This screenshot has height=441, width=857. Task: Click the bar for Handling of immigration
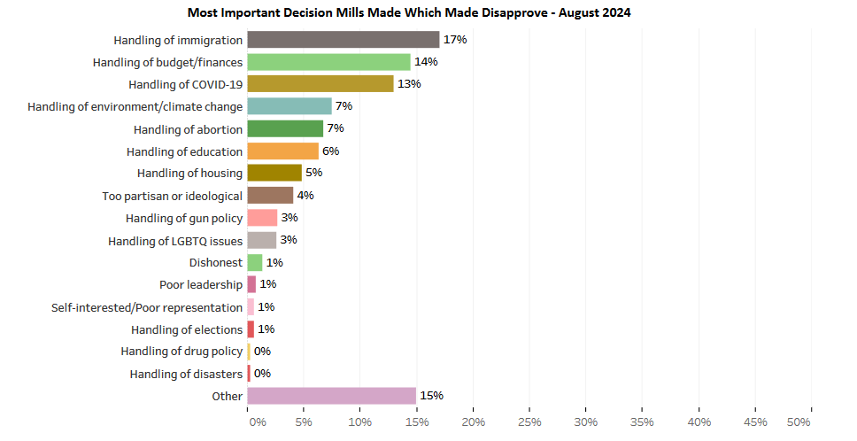[343, 40]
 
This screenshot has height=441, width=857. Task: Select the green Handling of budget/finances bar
[328, 62]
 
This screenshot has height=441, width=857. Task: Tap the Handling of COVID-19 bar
[320, 84]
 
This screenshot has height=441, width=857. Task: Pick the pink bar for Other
[331, 396]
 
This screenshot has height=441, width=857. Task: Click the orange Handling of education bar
[282, 151]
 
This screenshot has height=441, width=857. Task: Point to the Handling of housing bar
[274, 174]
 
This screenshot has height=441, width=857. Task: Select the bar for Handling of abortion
[285, 129]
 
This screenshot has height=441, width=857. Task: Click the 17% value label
[455, 40]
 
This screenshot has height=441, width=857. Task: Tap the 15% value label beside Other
[432, 396]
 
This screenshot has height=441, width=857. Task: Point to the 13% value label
[409, 84]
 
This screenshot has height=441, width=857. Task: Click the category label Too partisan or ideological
[173, 196]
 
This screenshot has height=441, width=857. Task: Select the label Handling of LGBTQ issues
[175, 241]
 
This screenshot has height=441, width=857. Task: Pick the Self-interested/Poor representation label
[147, 307]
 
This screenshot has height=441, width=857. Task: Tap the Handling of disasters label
[186, 375]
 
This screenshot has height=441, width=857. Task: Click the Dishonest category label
[215, 263]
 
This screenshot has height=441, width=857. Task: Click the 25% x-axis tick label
[529, 422]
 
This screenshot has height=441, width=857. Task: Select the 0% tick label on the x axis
[258, 422]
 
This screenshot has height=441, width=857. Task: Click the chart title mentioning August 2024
[409, 13]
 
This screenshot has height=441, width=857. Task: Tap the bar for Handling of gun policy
[262, 218]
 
